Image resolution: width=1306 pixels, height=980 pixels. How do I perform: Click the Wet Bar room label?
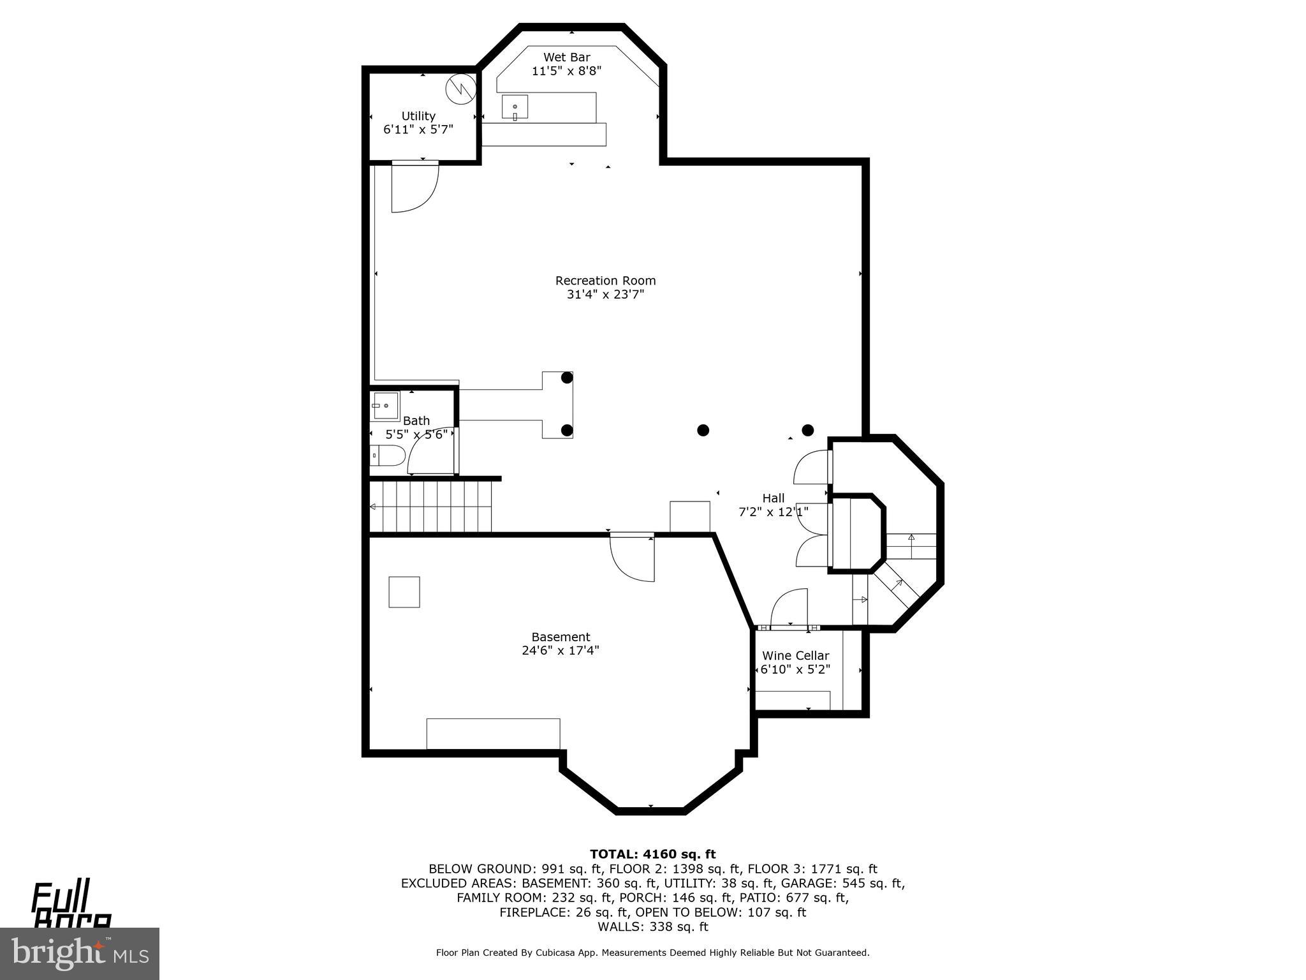point(566,57)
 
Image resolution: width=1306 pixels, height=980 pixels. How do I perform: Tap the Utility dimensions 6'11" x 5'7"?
point(418,130)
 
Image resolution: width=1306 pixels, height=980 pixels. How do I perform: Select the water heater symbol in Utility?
point(460,89)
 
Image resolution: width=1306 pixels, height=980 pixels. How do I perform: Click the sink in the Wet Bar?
point(515,107)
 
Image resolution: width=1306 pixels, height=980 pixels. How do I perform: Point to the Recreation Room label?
point(605,281)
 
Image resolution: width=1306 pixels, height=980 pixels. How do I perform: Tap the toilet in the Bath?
point(388,456)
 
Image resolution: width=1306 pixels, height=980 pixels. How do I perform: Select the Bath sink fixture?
point(386,406)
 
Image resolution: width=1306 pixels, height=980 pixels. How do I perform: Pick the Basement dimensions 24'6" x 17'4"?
point(560,651)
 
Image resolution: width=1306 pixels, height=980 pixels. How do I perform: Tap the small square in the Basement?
point(404,592)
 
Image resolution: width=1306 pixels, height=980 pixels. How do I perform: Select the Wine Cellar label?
point(795,656)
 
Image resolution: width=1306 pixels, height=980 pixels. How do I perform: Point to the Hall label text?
point(773,498)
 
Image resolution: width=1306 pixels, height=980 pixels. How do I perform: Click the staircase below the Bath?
point(430,507)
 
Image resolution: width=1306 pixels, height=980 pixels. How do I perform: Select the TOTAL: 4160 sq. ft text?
point(652,854)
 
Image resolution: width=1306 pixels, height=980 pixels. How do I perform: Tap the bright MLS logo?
point(79,953)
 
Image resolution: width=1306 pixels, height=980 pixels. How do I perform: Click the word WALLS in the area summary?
point(620,927)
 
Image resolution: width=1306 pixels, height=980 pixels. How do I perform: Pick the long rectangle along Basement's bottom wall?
point(493,734)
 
